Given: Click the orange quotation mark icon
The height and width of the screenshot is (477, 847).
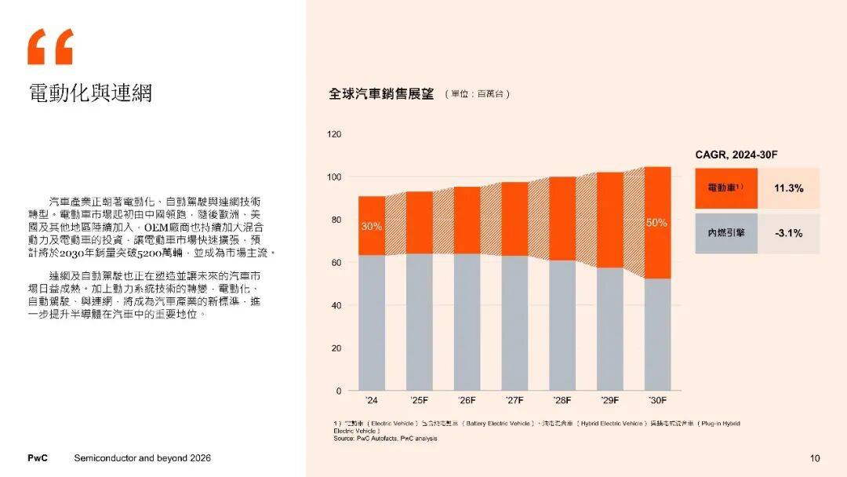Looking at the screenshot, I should [50, 47].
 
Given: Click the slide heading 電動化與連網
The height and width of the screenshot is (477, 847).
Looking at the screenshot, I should [89, 93].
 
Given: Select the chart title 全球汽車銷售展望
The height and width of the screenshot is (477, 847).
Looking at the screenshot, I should [381, 94].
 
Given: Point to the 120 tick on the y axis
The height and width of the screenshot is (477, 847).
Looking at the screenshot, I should [334, 135].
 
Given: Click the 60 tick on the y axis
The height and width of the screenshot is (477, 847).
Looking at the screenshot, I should [336, 263].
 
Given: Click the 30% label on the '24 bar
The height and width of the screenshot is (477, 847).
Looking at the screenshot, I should [372, 227].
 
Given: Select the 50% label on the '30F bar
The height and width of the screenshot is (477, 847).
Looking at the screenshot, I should [656, 223].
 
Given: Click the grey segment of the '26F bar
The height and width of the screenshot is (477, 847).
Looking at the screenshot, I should [467, 322].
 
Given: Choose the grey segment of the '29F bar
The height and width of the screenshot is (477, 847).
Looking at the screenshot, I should [610, 330].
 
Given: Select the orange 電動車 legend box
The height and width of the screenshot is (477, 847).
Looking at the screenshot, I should [726, 188].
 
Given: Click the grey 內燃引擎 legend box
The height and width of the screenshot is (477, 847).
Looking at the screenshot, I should [726, 233].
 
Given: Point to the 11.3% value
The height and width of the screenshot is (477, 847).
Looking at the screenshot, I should [788, 188].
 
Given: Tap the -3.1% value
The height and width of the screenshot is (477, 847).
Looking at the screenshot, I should [788, 233].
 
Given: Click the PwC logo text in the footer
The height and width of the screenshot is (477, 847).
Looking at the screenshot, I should [38, 458].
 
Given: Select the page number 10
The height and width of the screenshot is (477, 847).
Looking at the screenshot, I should [814, 458].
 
